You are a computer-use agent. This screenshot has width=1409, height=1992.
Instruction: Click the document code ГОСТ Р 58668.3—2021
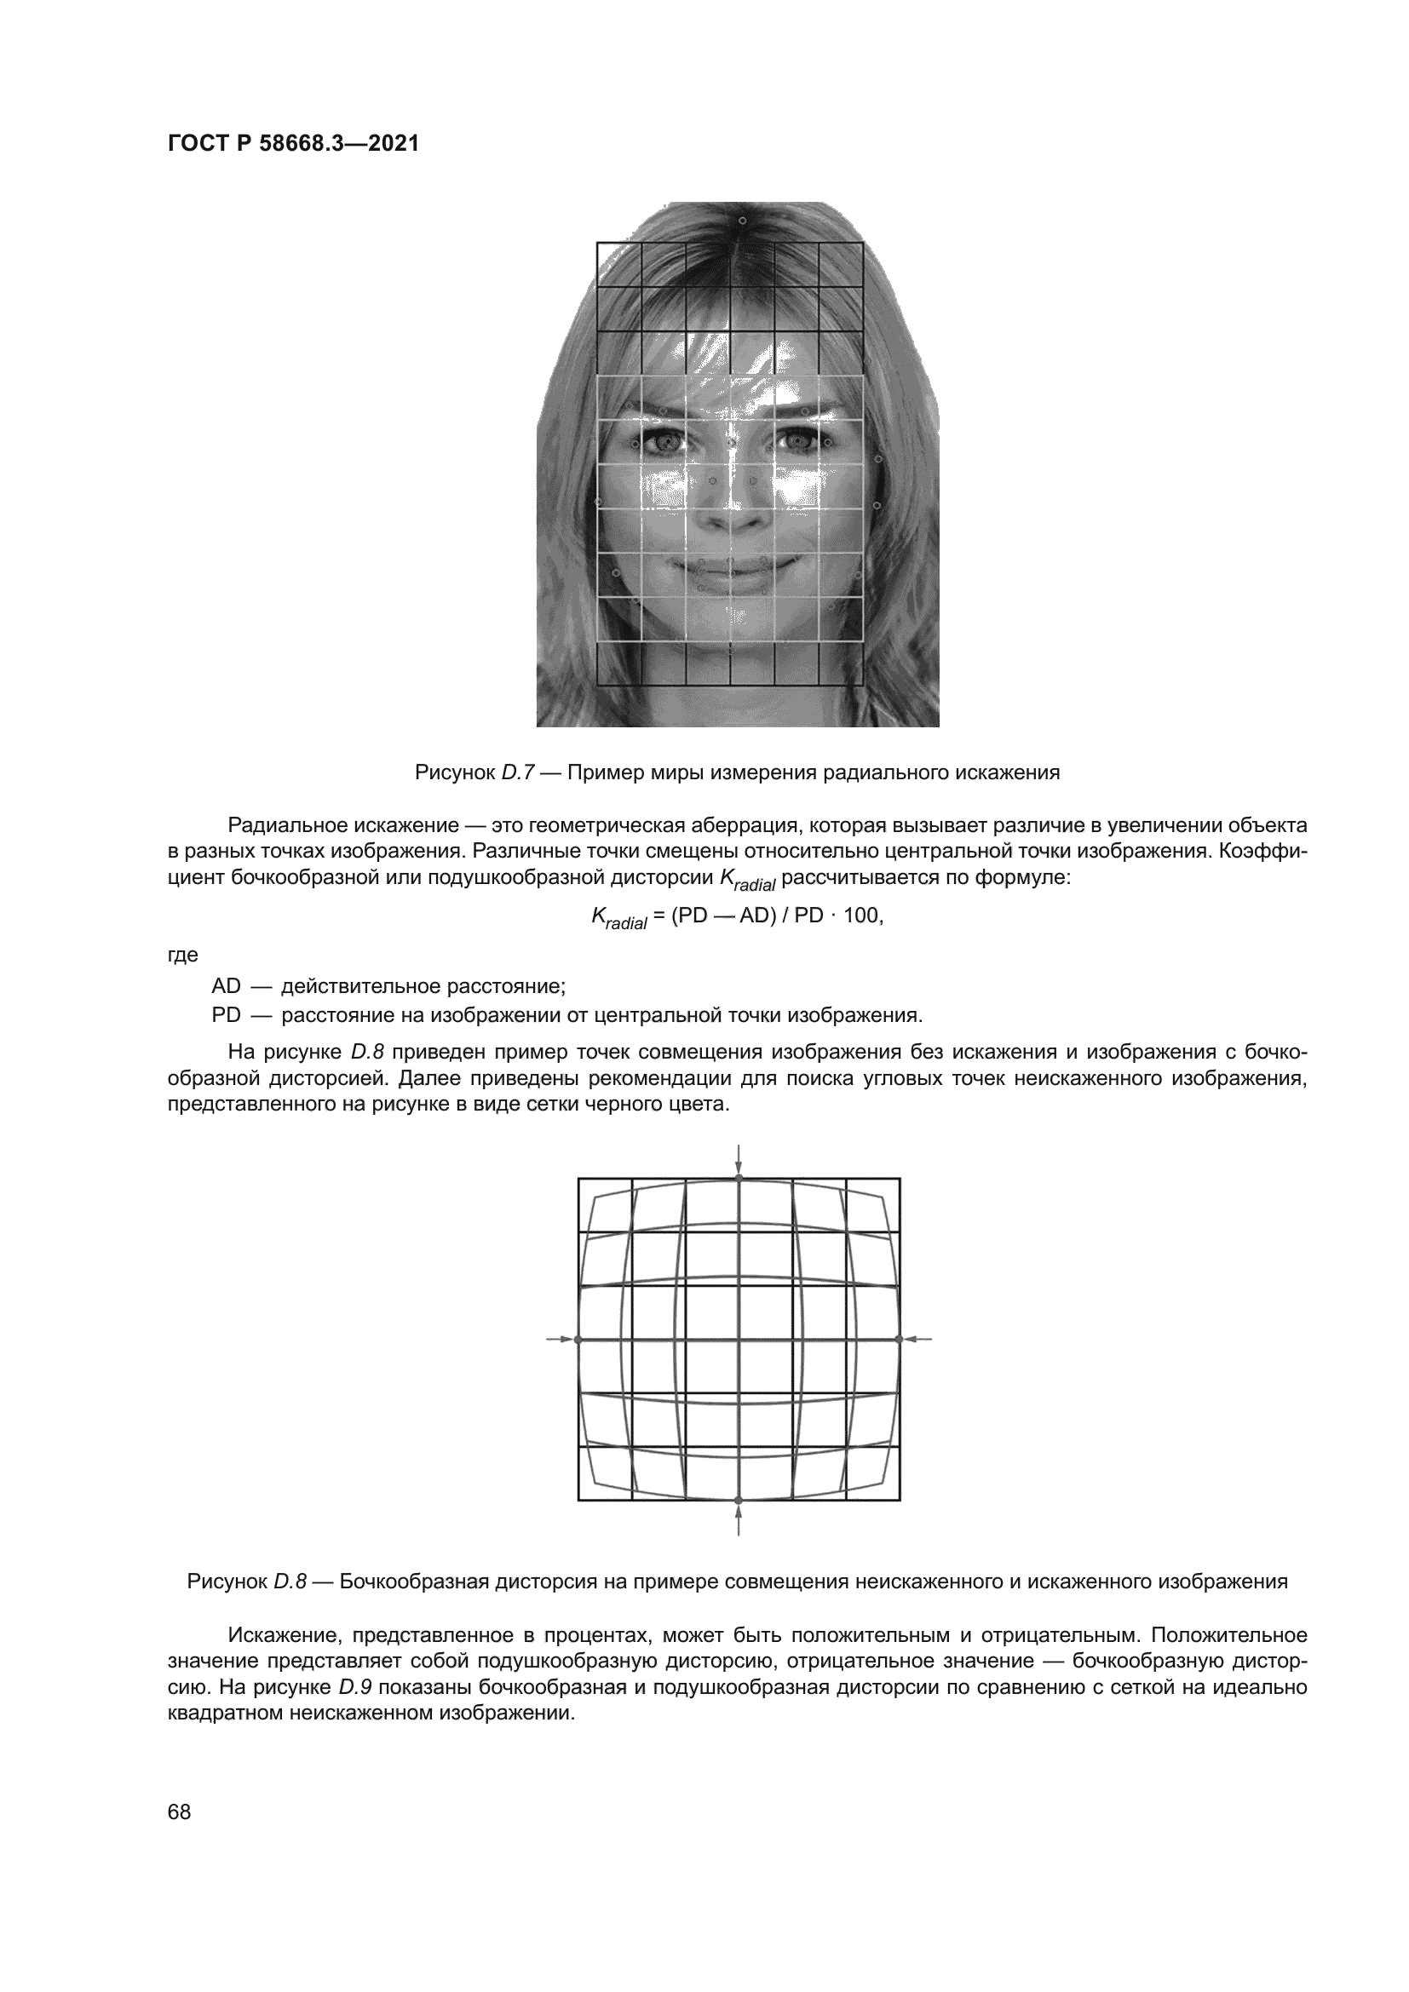(x=292, y=144)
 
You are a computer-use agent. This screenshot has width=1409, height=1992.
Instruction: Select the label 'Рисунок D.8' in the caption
(x=246, y=1582)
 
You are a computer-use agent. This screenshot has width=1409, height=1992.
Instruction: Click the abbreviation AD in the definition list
(x=226, y=986)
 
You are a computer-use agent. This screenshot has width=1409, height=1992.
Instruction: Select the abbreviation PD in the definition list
(x=226, y=1015)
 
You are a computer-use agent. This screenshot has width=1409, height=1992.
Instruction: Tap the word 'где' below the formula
(x=182, y=956)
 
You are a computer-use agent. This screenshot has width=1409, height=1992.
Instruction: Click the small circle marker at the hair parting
(x=742, y=221)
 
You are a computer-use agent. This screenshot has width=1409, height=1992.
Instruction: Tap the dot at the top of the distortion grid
(x=739, y=1178)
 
